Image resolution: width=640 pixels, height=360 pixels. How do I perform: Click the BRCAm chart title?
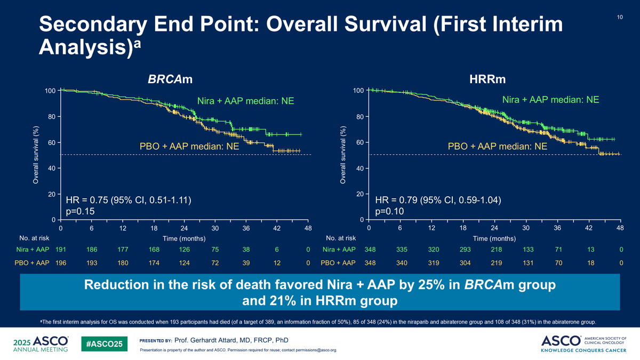coord(170,79)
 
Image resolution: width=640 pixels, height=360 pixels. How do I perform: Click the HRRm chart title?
coord(487,79)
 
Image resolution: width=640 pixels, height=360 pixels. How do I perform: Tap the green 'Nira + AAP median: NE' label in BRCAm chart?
coord(246,101)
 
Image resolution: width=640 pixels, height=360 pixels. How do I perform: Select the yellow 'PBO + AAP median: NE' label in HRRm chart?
coord(498,146)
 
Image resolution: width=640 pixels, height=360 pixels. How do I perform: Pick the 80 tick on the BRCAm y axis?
coord(51,117)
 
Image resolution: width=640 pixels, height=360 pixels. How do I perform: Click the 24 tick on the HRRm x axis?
coord(494,228)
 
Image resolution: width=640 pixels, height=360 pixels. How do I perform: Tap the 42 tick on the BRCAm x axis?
coord(277,228)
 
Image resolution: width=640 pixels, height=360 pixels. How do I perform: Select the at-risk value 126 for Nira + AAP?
coord(185,250)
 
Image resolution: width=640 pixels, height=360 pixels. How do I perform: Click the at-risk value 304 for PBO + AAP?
coord(465,263)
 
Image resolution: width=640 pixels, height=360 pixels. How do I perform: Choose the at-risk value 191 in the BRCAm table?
coord(61,250)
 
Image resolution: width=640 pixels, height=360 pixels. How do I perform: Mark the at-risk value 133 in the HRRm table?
coord(528,250)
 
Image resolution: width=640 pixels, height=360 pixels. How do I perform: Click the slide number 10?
coord(620,17)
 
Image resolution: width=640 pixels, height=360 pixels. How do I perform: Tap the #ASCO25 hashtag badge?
coord(105,344)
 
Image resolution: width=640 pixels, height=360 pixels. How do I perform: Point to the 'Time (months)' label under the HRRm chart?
coord(494,238)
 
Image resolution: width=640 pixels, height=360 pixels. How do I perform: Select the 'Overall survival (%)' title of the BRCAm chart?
coord(35,155)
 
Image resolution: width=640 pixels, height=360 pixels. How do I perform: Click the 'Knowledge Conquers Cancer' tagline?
coord(583,350)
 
